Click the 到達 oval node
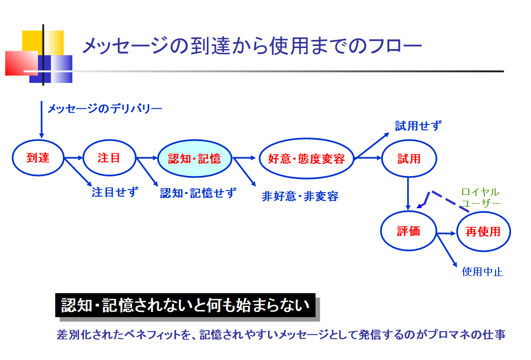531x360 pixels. coord(38,158)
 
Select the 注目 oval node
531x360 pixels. coord(109,158)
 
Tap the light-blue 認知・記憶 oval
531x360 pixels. coord(195,158)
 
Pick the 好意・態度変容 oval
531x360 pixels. coord(306,158)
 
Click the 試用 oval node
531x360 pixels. coord(409,158)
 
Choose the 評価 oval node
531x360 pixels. coord(408,232)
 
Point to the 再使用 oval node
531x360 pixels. coord(483,232)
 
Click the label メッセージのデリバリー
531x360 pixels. coord(105,108)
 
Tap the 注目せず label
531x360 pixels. coord(115,192)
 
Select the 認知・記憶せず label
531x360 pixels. coord(198,193)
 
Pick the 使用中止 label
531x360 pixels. coord(482,272)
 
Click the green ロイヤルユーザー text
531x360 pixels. coord(480,198)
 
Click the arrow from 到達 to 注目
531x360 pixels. coord(73,158)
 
